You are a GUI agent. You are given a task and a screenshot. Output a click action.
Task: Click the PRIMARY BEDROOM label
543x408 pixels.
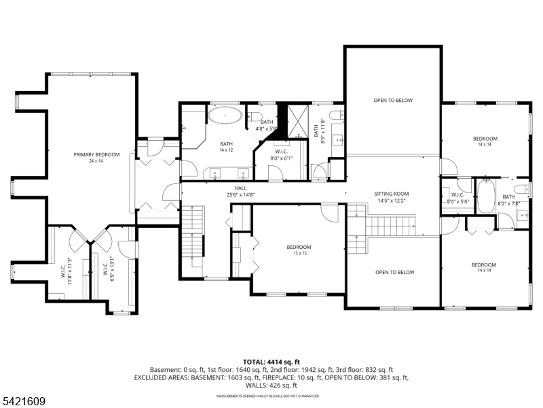click(97, 155)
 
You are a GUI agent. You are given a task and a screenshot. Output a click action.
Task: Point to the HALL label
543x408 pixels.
click(240, 188)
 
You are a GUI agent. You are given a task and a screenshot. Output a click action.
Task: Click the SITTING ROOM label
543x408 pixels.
click(392, 193)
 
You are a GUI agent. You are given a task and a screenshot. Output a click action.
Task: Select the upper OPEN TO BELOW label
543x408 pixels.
click(392, 101)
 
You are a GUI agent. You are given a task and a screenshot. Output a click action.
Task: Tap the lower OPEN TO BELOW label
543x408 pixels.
click(394, 272)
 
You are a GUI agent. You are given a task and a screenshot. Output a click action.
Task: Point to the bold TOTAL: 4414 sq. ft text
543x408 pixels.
click(271, 362)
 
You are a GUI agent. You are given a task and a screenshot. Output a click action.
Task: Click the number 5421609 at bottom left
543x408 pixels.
click(23, 402)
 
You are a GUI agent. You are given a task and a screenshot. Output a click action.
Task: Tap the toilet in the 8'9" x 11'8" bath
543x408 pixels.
click(336, 113)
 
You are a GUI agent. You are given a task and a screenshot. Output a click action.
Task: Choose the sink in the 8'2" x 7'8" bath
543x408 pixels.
click(523, 217)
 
